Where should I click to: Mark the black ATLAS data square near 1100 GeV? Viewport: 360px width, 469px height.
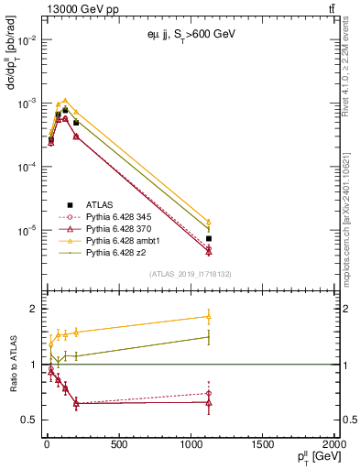click(209, 238)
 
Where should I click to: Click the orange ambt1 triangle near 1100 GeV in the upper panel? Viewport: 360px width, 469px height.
click(209, 222)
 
